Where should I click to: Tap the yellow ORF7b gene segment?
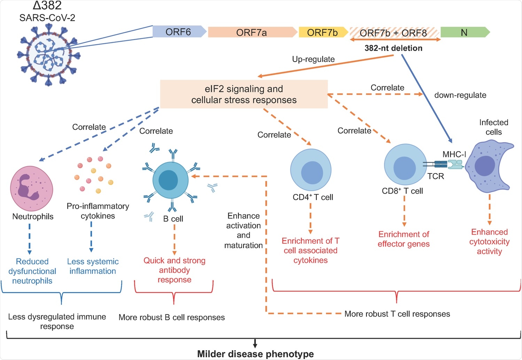pos(322,32)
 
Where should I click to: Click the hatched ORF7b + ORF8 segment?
pos(394,33)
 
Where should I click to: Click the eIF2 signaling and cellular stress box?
pos(244,94)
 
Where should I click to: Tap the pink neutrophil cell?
pos(32,188)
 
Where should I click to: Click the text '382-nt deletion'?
pos(394,48)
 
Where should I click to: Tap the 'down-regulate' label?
pos(460,95)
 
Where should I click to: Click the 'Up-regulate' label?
pos(313,59)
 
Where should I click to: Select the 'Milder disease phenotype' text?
pos(255,354)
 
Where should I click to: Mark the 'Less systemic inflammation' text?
pos(93,266)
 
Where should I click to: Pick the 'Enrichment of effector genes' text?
pos(404,239)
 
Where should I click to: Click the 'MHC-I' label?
pos(454,154)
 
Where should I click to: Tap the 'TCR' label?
pos(436,176)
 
